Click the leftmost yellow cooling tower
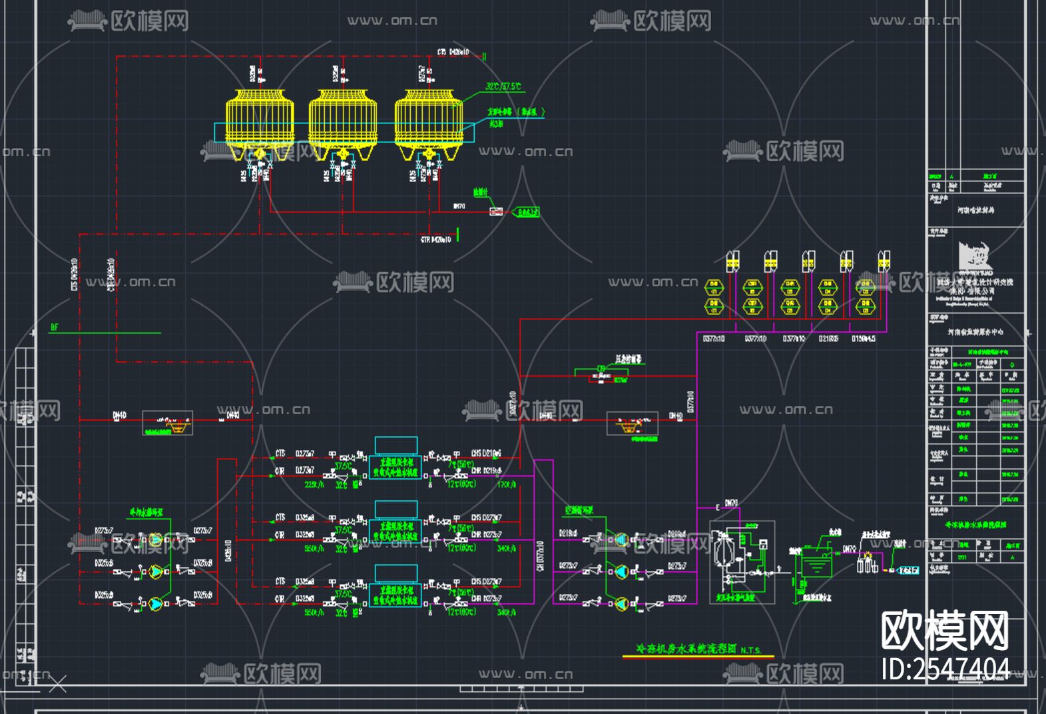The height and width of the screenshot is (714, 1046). (260, 120)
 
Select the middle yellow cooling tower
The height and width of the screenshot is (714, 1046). (343, 120)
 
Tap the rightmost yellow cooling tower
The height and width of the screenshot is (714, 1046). (428, 120)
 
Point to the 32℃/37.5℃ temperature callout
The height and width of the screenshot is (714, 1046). (503, 87)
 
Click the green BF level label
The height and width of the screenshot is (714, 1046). (55, 328)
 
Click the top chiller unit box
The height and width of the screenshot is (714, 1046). (396, 467)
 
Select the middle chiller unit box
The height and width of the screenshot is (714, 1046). (396, 531)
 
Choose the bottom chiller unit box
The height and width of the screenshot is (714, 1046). (396, 595)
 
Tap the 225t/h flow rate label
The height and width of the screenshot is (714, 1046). (314, 485)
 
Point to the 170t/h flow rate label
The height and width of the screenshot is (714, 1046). (506, 485)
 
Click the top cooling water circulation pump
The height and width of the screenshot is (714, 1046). (155, 539)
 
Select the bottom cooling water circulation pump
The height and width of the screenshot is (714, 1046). (155, 604)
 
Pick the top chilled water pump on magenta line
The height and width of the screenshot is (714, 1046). (621, 539)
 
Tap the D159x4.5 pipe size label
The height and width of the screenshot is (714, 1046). (864, 339)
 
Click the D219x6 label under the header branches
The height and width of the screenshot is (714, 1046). (828, 339)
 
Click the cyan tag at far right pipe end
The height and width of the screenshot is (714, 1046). (908, 570)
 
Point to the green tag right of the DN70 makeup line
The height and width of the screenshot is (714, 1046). (527, 212)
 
